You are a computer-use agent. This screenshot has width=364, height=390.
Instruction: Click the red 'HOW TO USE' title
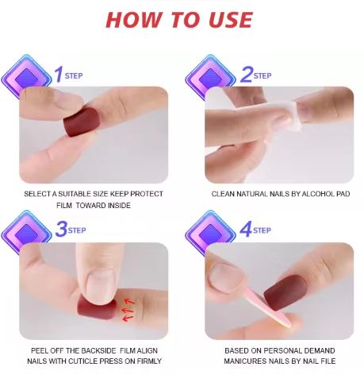pyautogui.click(x=178, y=20)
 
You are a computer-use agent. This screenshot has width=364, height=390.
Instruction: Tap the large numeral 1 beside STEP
pyautogui.click(x=57, y=75)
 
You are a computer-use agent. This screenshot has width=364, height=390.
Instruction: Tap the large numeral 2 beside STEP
pyautogui.click(x=246, y=75)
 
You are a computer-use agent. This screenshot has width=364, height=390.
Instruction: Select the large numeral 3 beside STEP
pyautogui.click(x=60, y=230)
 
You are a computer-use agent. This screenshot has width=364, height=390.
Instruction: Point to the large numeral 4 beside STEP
pyautogui.click(x=246, y=230)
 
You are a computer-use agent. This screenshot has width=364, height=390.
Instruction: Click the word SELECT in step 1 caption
pyautogui.click(x=37, y=194)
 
